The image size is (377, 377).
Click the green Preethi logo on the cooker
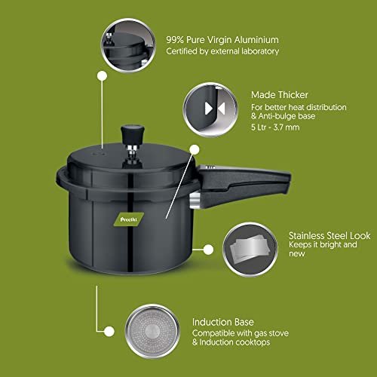pyautogui.click(x=129, y=219)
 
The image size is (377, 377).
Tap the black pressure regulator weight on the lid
pyautogui.click(x=133, y=135)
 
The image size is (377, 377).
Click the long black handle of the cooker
pyautogui.click(x=244, y=185)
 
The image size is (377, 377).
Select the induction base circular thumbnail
pyautogui.click(x=152, y=331)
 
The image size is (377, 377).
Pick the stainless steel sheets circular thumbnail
pyautogui.click(x=250, y=250)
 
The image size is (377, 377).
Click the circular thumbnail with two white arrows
pyautogui.click(x=210, y=109)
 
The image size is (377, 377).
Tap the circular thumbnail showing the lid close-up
pyautogui.click(x=128, y=45)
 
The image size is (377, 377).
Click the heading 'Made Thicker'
pyautogui.click(x=280, y=95)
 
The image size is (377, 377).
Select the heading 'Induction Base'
pyautogui.click(x=223, y=322)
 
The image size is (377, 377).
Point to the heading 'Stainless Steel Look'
pyautogui.click(x=329, y=236)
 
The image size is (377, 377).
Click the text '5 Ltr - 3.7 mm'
pyautogui.click(x=275, y=127)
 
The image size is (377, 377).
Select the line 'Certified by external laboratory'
pyautogui.click(x=222, y=51)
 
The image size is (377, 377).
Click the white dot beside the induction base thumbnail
pyautogui.click(x=109, y=331)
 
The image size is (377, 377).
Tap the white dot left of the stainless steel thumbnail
pyautogui.click(x=208, y=250)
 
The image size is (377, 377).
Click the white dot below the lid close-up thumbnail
pyautogui.click(x=103, y=75)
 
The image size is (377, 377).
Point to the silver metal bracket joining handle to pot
pyautogui.click(x=195, y=201)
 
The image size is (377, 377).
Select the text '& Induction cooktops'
pyautogui.click(x=231, y=342)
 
